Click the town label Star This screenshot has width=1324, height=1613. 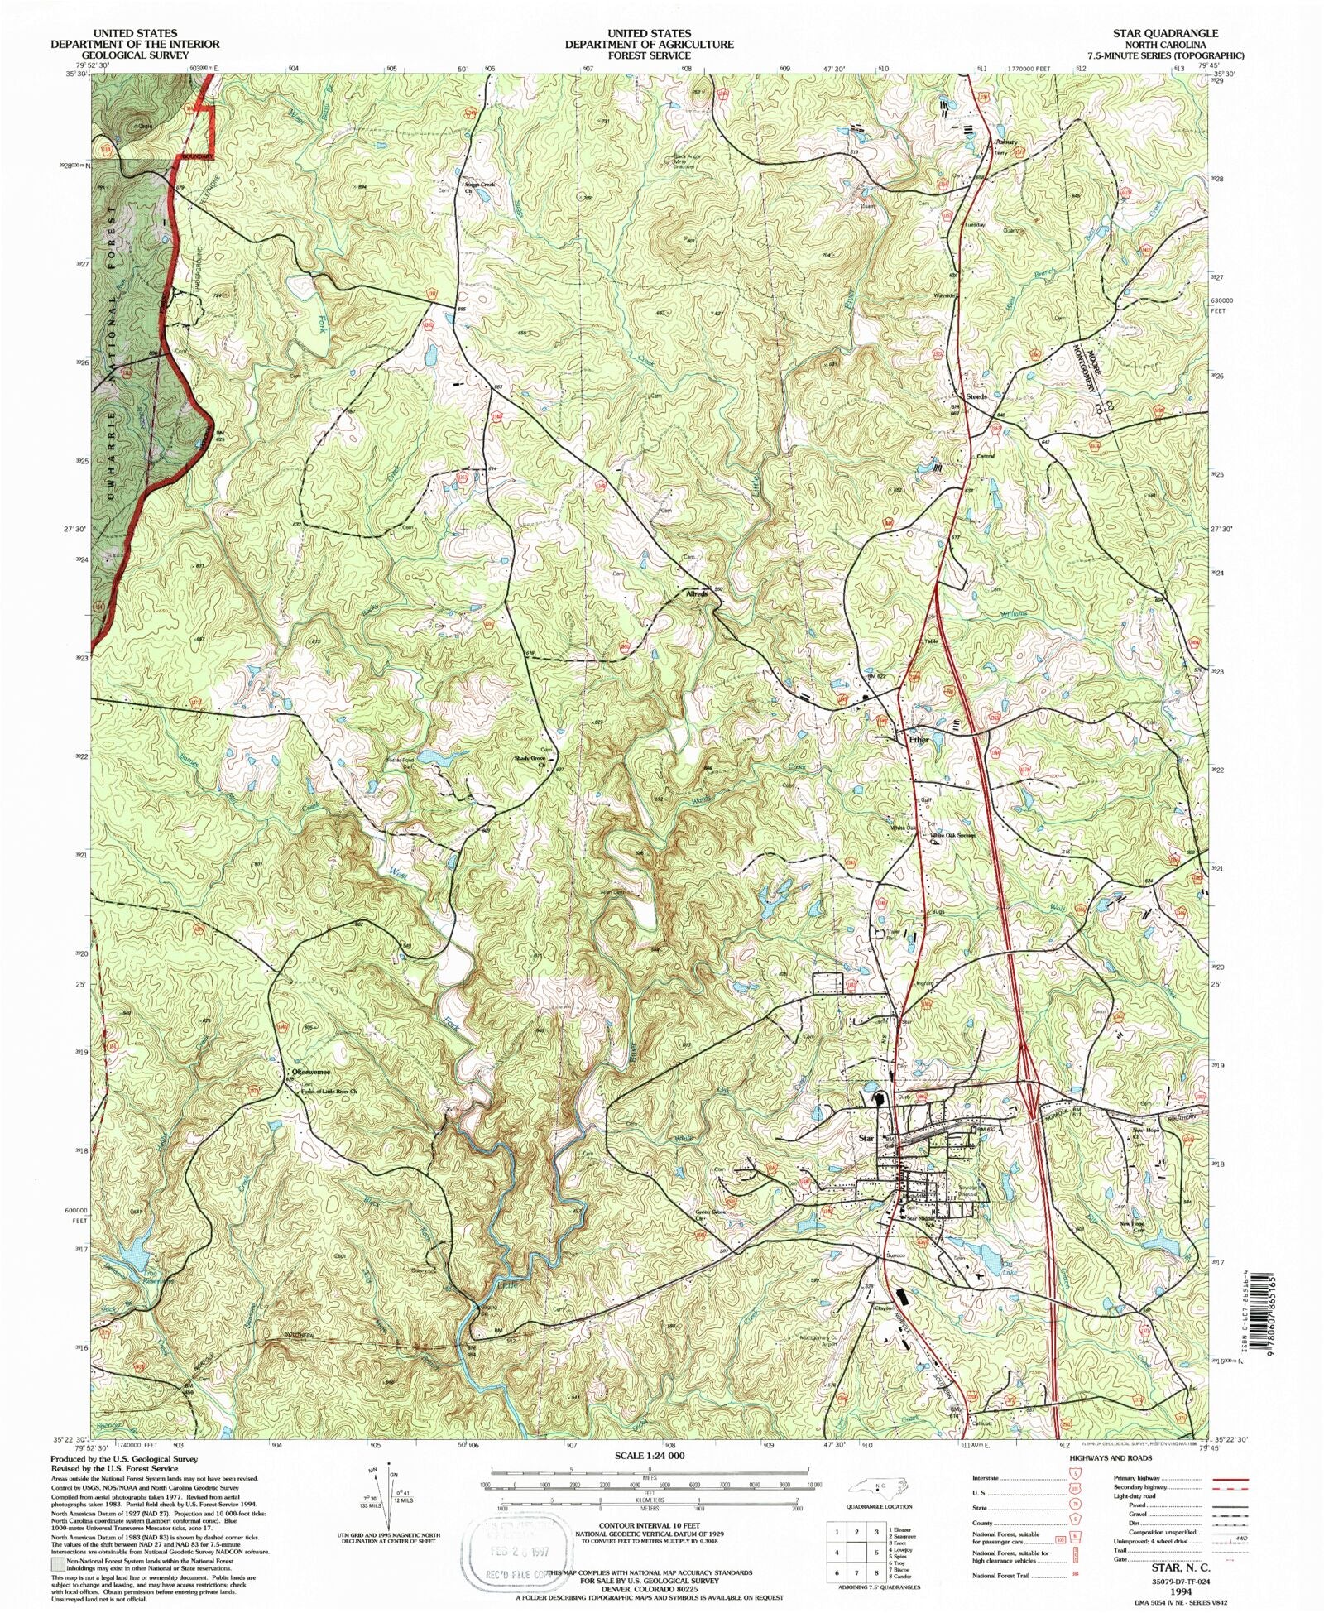[x=866, y=1138]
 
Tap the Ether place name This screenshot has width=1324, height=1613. [x=919, y=739]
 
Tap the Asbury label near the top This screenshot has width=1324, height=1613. [x=1006, y=142]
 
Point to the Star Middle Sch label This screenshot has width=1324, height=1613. [x=924, y=1218]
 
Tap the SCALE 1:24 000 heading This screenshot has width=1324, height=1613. [x=650, y=1454]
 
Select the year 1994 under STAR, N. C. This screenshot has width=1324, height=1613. [x=1182, y=1590]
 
